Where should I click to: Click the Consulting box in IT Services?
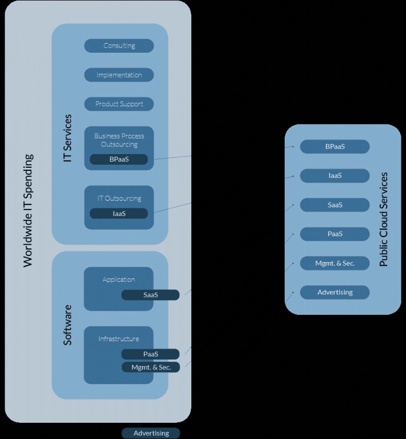(119, 46)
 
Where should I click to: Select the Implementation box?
(119, 75)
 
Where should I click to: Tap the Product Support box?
(119, 104)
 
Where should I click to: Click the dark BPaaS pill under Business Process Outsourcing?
(119, 159)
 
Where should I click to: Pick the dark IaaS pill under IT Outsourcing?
(119, 213)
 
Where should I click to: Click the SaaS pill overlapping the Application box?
(150, 295)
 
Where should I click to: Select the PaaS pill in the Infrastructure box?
(150, 354)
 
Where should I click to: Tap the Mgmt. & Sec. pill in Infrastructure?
(151, 367)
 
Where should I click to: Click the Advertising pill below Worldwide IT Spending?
(151, 433)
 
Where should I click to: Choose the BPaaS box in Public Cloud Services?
(334, 147)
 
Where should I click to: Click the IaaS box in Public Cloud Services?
(334, 175)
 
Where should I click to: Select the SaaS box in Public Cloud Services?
(334, 205)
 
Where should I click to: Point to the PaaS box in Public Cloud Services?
(334, 234)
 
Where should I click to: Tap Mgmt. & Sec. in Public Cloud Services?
(334, 263)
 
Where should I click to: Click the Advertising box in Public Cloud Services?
(334, 292)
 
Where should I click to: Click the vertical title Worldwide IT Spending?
(28, 210)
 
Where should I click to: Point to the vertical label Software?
(67, 325)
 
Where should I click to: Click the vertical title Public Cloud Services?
(384, 219)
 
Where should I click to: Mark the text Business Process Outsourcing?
(119, 140)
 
